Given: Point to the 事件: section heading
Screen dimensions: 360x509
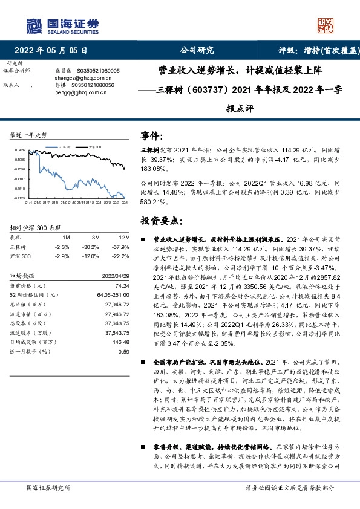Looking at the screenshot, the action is click(152, 135).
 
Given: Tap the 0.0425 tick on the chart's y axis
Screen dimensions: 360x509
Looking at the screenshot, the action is click(20, 150).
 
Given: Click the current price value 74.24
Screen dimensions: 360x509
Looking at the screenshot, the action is click(122, 285).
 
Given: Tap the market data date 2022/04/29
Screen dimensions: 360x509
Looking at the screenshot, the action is click(114, 275).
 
